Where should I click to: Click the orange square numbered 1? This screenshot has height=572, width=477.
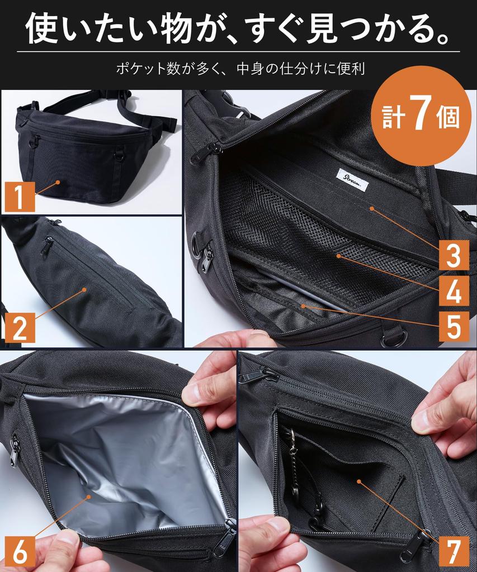(18, 197)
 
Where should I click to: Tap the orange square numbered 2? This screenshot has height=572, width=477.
(18, 327)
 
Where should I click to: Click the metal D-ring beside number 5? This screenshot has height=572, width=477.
(395, 337)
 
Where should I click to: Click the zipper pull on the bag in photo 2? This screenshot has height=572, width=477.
(48, 245)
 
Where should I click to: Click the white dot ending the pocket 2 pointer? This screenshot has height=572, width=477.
(84, 289)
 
